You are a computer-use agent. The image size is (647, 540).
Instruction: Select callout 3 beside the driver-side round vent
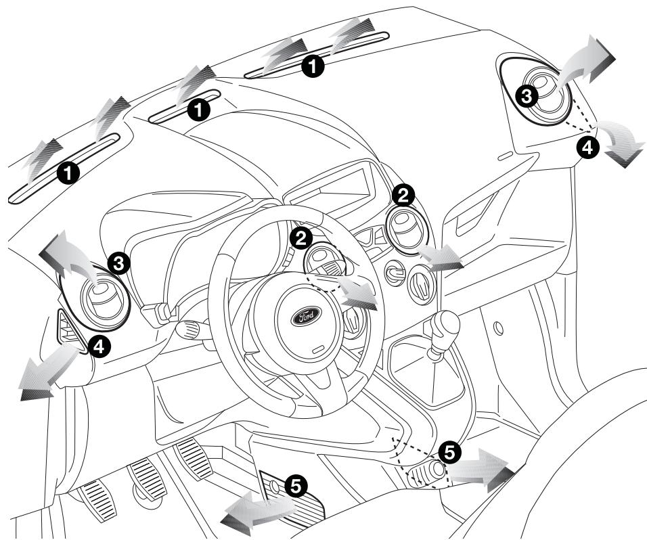[x=119, y=263]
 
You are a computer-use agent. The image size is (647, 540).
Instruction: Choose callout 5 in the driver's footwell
[x=294, y=483]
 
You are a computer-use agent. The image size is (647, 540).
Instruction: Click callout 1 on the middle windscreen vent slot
[x=198, y=108]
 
